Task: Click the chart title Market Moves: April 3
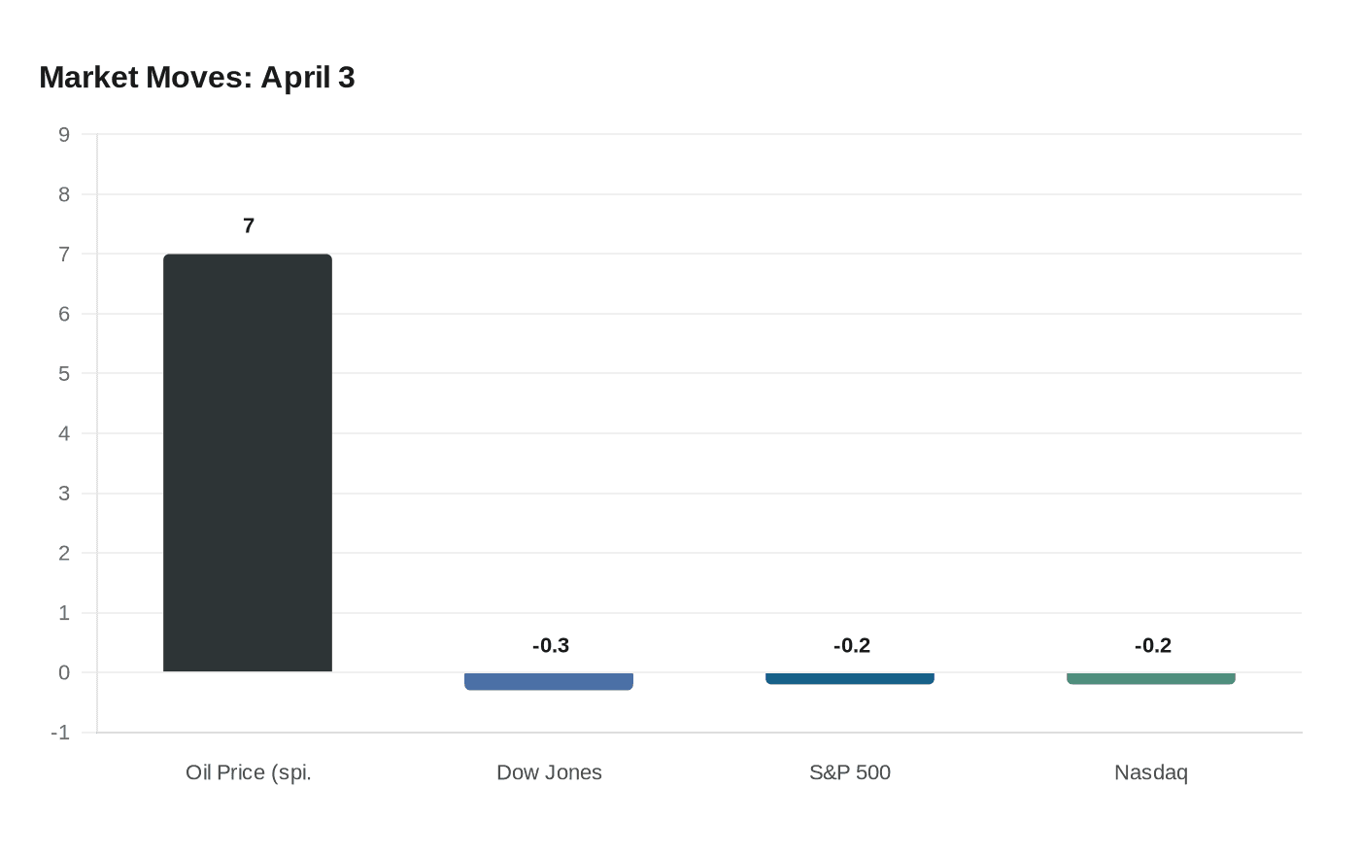[197, 78]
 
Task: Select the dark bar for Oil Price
[248, 462]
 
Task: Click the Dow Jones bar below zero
[549, 681]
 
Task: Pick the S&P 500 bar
[850, 678]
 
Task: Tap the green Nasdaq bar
[1151, 678]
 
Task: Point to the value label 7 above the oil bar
[249, 226]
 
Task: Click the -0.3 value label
[551, 646]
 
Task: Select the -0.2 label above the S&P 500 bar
[852, 646]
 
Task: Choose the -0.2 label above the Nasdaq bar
[1153, 646]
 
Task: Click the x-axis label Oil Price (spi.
[249, 772]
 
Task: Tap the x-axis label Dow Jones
[549, 772]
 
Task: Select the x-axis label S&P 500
[850, 772]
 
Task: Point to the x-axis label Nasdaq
[1151, 772]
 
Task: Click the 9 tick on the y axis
[64, 135]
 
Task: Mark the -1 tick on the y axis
[60, 733]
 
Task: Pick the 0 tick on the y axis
[64, 672]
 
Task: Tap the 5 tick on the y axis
[64, 374]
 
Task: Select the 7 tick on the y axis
[64, 255]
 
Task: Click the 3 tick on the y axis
[64, 494]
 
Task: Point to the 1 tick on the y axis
[64, 613]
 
